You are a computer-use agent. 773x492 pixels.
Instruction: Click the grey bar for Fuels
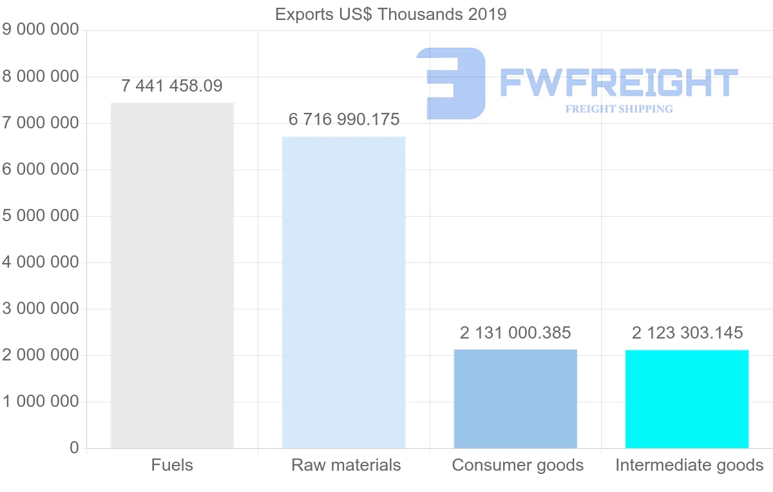tap(172, 275)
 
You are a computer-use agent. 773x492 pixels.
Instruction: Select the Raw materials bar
tap(344, 292)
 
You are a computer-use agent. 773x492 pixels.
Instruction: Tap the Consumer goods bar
tap(515, 399)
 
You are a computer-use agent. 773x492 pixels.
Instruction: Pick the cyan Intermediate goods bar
tap(687, 399)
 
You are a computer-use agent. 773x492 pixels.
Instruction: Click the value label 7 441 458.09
tap(172, 86)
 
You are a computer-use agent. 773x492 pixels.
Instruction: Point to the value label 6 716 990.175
tap(344, 119)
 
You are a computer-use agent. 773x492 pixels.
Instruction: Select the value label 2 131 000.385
tap(515, 333)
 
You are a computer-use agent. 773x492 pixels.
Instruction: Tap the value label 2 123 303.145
tap(687, 333)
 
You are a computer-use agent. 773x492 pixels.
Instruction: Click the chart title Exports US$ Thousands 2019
tap(391, 14)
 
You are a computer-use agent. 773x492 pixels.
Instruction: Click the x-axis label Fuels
tap(172, 465)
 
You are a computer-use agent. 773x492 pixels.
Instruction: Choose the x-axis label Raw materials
tap(346, 465)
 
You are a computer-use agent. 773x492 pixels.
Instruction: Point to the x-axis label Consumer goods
tap(518, 465)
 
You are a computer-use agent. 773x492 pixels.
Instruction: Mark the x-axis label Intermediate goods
tap(689, 465)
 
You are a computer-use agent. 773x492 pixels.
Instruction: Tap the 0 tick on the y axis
tap(74, 448)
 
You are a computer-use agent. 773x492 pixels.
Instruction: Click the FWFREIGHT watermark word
tap(618, 83)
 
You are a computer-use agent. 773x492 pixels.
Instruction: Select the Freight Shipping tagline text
tap(619, 109)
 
